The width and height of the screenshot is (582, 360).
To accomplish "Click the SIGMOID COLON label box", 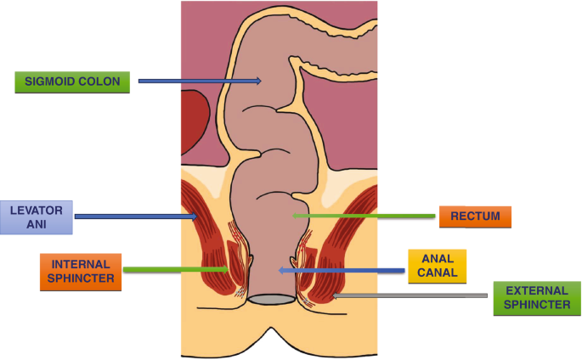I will pos(72,82).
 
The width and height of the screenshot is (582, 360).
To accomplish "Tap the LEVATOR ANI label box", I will pos(37,217).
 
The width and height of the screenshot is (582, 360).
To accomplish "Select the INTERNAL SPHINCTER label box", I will pos(81,272).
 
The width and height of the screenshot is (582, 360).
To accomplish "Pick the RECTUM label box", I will pos(474,217).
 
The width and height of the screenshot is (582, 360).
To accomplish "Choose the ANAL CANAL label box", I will pos(438,265).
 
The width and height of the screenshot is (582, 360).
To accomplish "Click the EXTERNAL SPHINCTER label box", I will pos(537,299).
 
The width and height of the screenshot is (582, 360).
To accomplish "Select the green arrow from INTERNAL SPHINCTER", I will pos(174,271).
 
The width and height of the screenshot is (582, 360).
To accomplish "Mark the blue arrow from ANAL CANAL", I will pos(340,271).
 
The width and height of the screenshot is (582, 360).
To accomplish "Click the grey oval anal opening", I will pos(272,300).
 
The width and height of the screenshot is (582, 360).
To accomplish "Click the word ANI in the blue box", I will pos(37,225).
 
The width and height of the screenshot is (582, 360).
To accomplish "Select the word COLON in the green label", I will pos(103,82).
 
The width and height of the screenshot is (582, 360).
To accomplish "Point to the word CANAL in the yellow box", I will pos(438,273).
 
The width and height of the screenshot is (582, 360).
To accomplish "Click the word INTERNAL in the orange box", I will pos(81,264).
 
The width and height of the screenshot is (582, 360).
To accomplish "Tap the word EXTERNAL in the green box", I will pos(537,291).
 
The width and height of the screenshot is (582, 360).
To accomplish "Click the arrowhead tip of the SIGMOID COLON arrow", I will pos(261,82).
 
